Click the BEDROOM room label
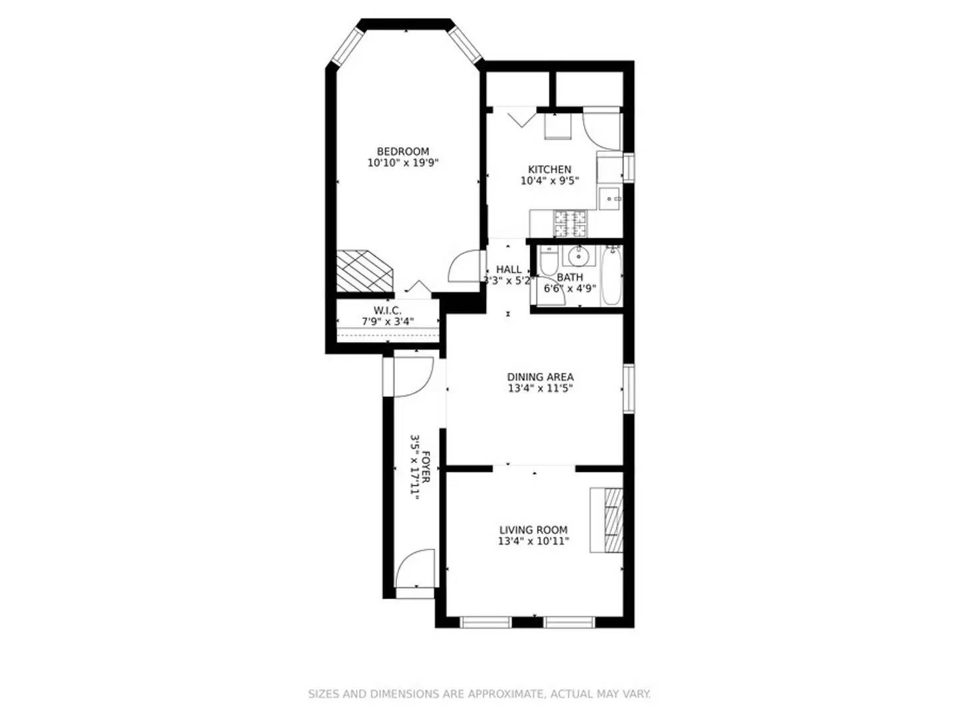point(403,151)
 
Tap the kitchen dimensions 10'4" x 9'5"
point(549,180)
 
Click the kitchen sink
point(610,198)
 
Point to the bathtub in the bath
point(611,276)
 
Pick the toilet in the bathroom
point(547,262)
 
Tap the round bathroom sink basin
point(577,255)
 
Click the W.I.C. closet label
point(387,310)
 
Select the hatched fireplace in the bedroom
point(364,270)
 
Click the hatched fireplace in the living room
point(613,520)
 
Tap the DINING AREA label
point(540,377)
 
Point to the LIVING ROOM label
point(533,530)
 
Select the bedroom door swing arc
point(464,267)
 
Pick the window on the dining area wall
point(628,387)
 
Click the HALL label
point(509,270)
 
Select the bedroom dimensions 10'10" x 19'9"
point(403,162)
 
